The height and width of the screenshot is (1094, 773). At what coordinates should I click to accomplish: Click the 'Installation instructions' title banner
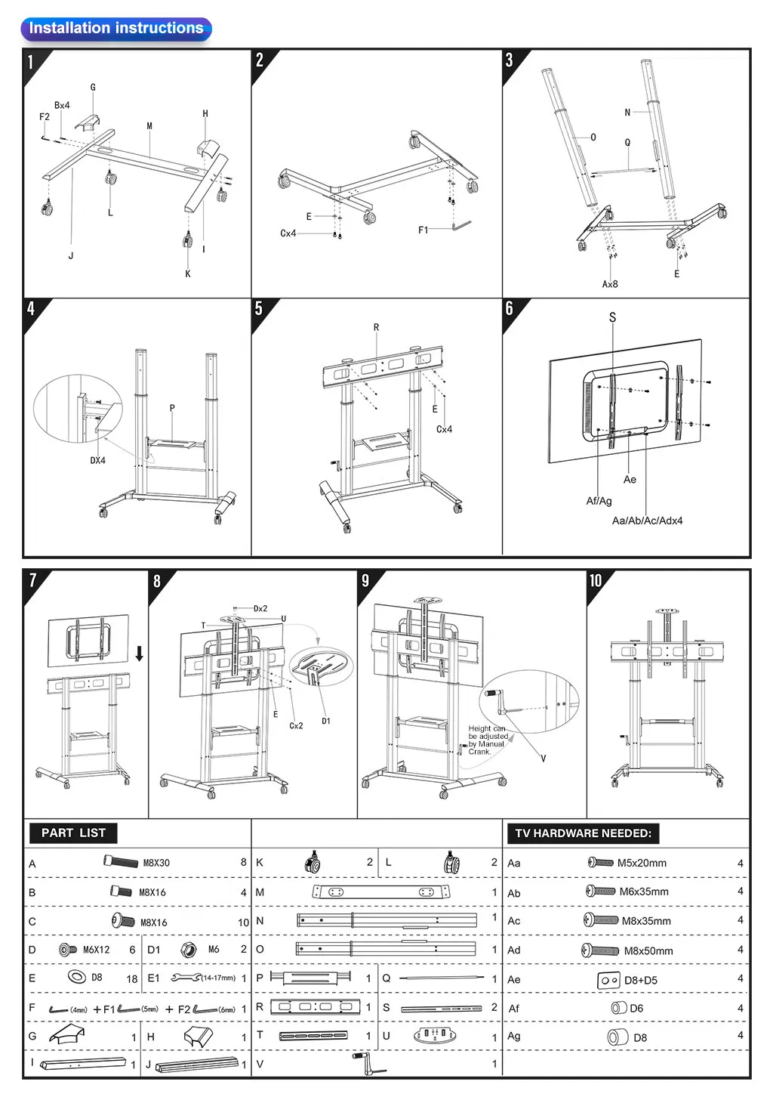pos(115,29)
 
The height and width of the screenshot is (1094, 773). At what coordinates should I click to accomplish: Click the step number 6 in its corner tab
pos(510,308)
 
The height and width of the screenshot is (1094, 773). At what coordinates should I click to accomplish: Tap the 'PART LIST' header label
pos(73,833)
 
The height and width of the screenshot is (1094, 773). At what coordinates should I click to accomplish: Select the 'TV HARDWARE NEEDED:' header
pos(583,833)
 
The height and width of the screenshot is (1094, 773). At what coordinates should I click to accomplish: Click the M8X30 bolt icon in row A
pos(121,861)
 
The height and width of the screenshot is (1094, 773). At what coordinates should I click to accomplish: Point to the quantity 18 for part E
pos(131,978)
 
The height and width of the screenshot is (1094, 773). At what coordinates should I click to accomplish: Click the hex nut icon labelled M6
pos(189,950)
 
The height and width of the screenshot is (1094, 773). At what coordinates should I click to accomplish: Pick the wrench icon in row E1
pos(186,978)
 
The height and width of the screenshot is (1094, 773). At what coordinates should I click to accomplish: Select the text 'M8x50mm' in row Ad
pos(648,950)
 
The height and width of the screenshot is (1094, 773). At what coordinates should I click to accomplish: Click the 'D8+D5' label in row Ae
pos(640,980)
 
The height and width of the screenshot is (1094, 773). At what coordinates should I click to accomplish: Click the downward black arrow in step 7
pos(140,654)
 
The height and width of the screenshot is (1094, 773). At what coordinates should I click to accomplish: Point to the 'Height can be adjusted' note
pos(488,740)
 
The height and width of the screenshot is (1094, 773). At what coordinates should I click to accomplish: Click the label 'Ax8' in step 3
pos(610,284)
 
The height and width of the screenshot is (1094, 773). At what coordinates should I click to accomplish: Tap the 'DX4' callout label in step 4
pos(98,460)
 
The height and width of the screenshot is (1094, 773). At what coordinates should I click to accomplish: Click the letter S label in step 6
pos(612,317)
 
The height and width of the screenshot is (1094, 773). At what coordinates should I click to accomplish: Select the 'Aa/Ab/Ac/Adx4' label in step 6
pos(647,521)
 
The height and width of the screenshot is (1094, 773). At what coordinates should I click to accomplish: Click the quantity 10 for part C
pos(243,922)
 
